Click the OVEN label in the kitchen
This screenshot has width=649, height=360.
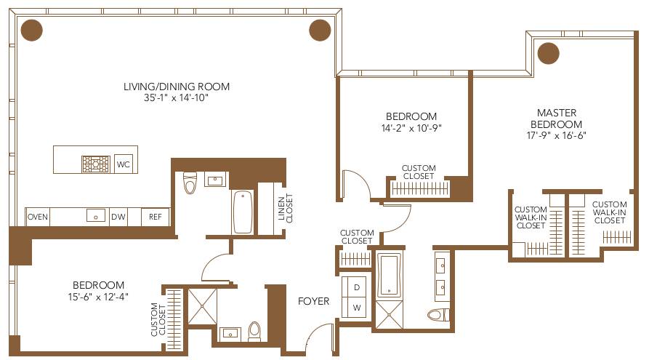tap(37, 216)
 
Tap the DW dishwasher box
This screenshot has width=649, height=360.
tap(118, 216)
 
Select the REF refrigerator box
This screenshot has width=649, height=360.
tap(156, 216)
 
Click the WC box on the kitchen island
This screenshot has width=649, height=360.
tap(124, 164)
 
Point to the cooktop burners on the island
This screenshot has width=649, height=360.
tap(94, 162)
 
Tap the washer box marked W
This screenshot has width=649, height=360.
tap(357, 308)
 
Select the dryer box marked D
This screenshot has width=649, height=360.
tap(357, 287)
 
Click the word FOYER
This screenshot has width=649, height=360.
tap(313, 300)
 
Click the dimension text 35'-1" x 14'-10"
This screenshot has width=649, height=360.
tap(176, 98)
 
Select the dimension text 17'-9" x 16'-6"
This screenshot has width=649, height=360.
tap(557, 135)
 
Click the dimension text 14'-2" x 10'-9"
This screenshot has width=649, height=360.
tap(411, 128)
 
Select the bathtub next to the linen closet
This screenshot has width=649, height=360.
tap(243, 211)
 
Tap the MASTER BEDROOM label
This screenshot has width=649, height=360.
tap(557, 118)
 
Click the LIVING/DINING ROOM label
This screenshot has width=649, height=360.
tap(176, 87)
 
